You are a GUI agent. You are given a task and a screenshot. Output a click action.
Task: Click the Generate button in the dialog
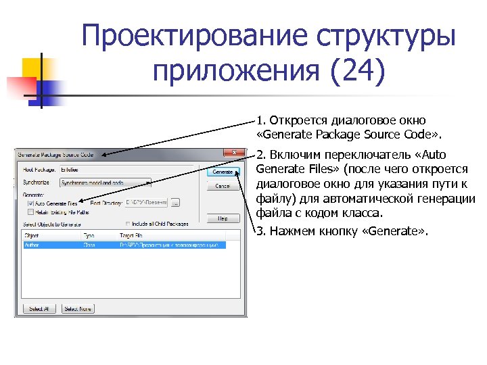click(223, 172)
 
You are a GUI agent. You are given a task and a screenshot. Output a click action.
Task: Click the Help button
click(223, 218)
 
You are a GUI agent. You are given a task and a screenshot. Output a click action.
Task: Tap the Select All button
click(37, 308)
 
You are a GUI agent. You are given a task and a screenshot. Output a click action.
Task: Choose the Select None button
click(78, 308)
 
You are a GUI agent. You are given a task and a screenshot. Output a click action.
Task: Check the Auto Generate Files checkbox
click(30, 202)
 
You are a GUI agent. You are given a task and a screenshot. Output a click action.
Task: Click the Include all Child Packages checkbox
click(129, 223)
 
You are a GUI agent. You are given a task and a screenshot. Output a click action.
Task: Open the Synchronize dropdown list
click(105, 182)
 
